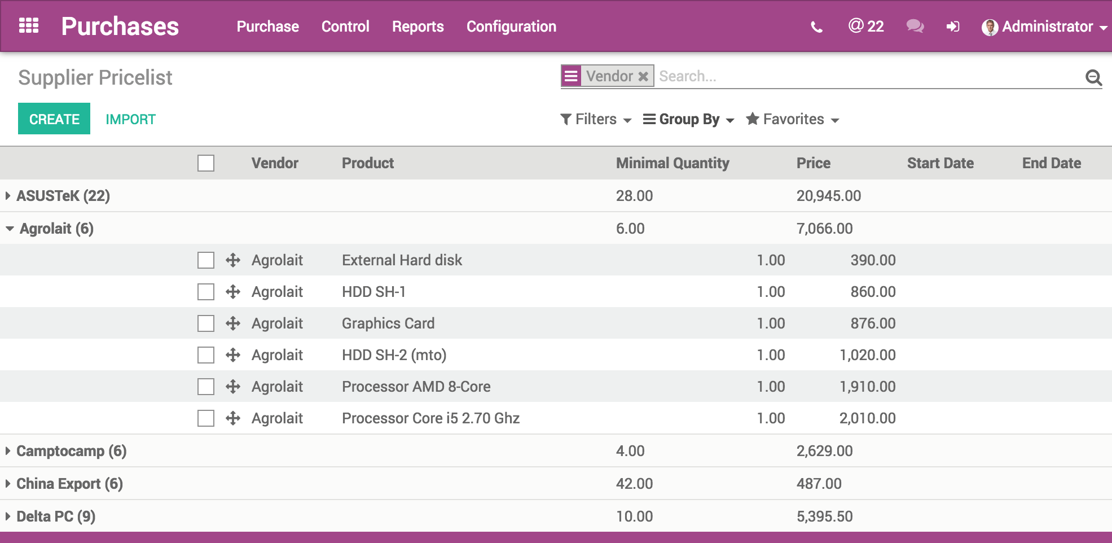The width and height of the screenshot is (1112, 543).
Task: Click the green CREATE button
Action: point(54,119)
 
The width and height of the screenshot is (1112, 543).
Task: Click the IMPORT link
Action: point(130,119)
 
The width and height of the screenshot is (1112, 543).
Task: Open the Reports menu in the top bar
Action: point(417,27)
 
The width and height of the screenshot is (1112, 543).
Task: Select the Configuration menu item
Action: point(511,27)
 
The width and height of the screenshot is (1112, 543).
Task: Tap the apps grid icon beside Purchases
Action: point(29,26)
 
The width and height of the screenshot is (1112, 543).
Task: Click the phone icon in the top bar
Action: point(816,27)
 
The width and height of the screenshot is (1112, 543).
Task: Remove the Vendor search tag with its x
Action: point(643,76)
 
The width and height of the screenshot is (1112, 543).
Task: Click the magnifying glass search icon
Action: point(1093,77)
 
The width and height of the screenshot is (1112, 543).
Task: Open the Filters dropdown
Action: point(596,119)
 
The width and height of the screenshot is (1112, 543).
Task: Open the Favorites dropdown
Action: point(793,119)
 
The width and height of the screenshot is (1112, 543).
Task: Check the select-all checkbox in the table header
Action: point(206,163)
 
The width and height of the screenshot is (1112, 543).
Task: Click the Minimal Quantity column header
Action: point(673,163)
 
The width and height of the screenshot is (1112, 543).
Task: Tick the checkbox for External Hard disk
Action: point(206,260)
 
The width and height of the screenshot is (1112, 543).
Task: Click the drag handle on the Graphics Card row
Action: point(233,323)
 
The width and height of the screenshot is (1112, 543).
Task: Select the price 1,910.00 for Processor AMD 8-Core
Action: point(867,387)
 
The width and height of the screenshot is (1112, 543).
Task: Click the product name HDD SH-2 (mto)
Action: point(394,355)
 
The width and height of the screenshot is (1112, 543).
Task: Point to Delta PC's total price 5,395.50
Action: point(824,516)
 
